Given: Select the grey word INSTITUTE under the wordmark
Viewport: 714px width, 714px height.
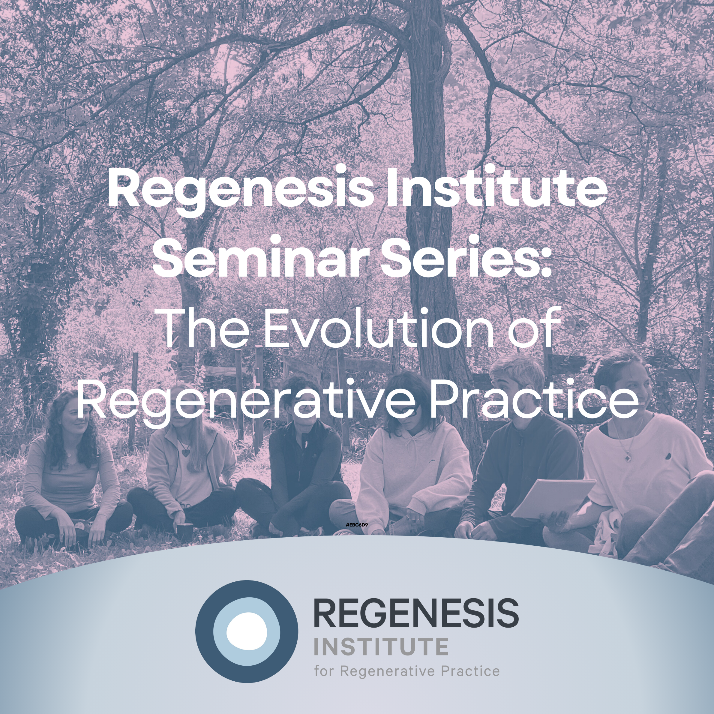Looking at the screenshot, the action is coord(381,647).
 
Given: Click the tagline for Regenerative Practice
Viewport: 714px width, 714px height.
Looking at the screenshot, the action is coord(407,671).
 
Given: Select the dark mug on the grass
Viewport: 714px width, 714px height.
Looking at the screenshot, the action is coord(185,531).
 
